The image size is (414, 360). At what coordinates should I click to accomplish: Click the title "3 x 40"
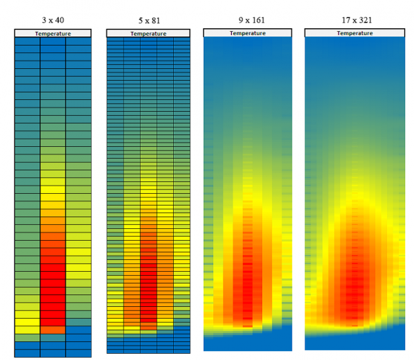point(52,20)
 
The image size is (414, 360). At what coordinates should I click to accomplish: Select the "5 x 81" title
point(148,20)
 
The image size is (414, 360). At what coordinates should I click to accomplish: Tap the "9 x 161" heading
point(248,20)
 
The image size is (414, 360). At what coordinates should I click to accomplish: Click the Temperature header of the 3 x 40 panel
point(52,33)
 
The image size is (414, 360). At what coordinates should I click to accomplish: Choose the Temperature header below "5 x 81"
point(148,33)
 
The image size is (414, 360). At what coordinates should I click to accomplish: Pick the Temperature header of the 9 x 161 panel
point(248,32)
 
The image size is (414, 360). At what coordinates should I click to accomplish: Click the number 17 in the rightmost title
point(344,20)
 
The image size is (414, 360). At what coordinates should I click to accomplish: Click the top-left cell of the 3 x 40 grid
point(27,41)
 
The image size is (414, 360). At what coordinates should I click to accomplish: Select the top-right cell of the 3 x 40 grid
point(78,41)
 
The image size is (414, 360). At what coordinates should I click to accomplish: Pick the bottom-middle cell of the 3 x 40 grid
point(52,353)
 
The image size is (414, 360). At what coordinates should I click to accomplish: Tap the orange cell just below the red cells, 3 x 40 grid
point(52,330)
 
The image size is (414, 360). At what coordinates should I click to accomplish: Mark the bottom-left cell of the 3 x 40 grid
point(27,353)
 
